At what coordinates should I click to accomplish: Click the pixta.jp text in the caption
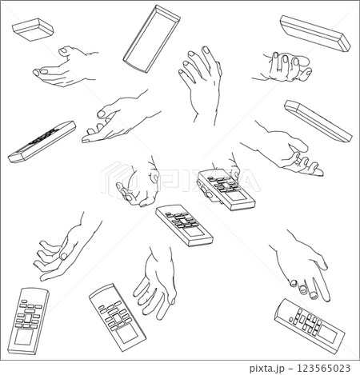(267, 369)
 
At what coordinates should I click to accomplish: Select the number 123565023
(323, 369)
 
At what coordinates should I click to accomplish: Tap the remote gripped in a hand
(226, 189)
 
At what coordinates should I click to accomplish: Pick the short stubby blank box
(33, 30)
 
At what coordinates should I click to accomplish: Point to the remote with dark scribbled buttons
(42, 142)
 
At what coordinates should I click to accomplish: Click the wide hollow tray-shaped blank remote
(151, 38)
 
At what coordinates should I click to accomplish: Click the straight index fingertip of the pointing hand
(326, 298)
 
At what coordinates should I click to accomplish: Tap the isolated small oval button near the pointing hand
(291, 319)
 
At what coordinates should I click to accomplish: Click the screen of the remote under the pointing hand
(328, 334)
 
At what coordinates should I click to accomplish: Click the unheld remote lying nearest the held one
(184, 225)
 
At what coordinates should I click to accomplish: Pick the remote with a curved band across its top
(118, 317)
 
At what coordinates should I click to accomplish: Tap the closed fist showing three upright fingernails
(283, 67)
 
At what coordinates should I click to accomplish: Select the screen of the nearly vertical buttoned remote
(24, 337)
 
